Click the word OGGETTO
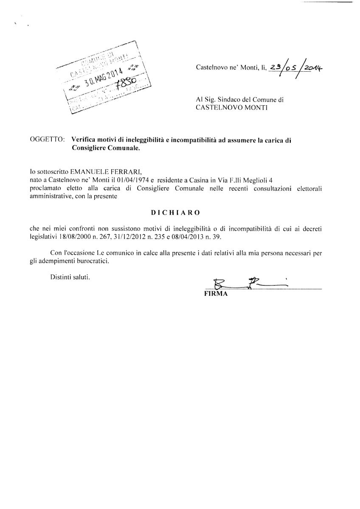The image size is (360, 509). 48,140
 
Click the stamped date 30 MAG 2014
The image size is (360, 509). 103,75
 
